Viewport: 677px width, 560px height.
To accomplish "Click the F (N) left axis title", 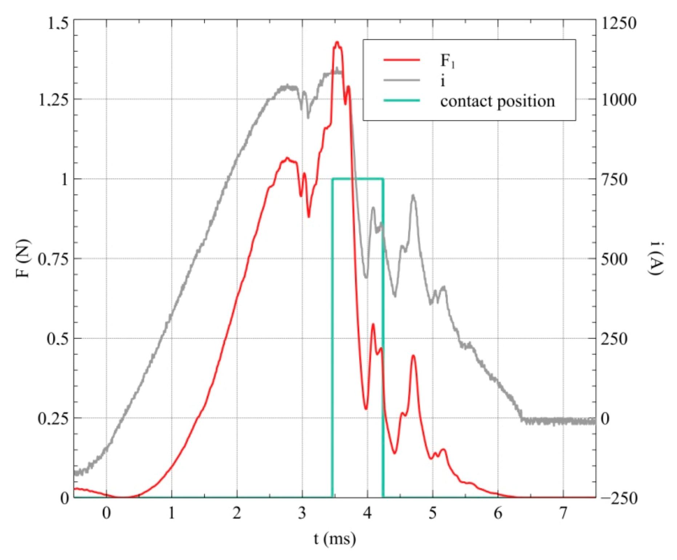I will [23, 258].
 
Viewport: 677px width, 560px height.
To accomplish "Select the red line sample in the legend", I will [402, 60].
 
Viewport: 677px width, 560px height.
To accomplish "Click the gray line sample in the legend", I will [402, 80].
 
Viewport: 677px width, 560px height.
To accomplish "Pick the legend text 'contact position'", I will [497, 101].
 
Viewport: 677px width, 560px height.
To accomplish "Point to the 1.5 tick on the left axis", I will [58, 23].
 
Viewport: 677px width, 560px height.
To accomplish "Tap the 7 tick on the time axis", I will [563, 513].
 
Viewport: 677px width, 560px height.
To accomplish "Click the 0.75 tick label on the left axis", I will [53, 259].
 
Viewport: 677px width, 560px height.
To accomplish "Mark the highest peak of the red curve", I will [337, 42].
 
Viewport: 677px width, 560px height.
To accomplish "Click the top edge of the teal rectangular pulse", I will [358, 178].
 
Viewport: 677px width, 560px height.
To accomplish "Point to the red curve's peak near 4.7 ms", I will [413, 356].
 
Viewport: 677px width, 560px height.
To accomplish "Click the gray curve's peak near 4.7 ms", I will [413, 196].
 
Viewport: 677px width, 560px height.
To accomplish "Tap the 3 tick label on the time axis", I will [302, 513].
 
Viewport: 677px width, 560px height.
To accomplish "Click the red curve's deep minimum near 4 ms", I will [366, 409].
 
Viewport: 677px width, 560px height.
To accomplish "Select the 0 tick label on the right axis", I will [605, 418].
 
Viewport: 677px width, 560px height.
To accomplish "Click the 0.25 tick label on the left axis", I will [53, 418].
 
